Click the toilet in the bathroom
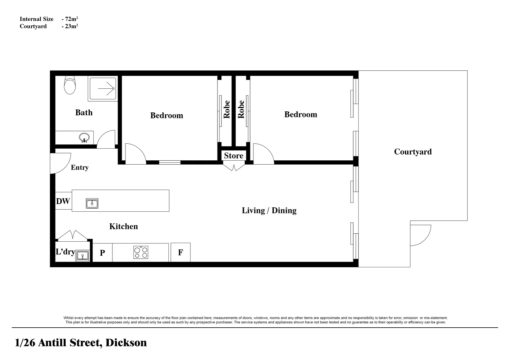point(70,85)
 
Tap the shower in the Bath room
point(103,88)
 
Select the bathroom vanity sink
point(84,137)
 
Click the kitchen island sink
point(92,203)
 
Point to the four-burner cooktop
point(141,252)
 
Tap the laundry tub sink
point(82,256)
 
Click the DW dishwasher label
point(63,201)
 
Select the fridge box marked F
point(180,252)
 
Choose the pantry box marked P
point(102,253)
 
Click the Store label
point(233,156)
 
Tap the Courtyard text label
point(413,152)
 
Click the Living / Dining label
point(269,210)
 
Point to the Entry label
point(80,167)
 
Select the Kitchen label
point(123,226)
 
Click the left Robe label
point(227,109)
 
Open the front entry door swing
point(60,163)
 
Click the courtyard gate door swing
point(420,235)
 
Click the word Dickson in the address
point(126,343)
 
